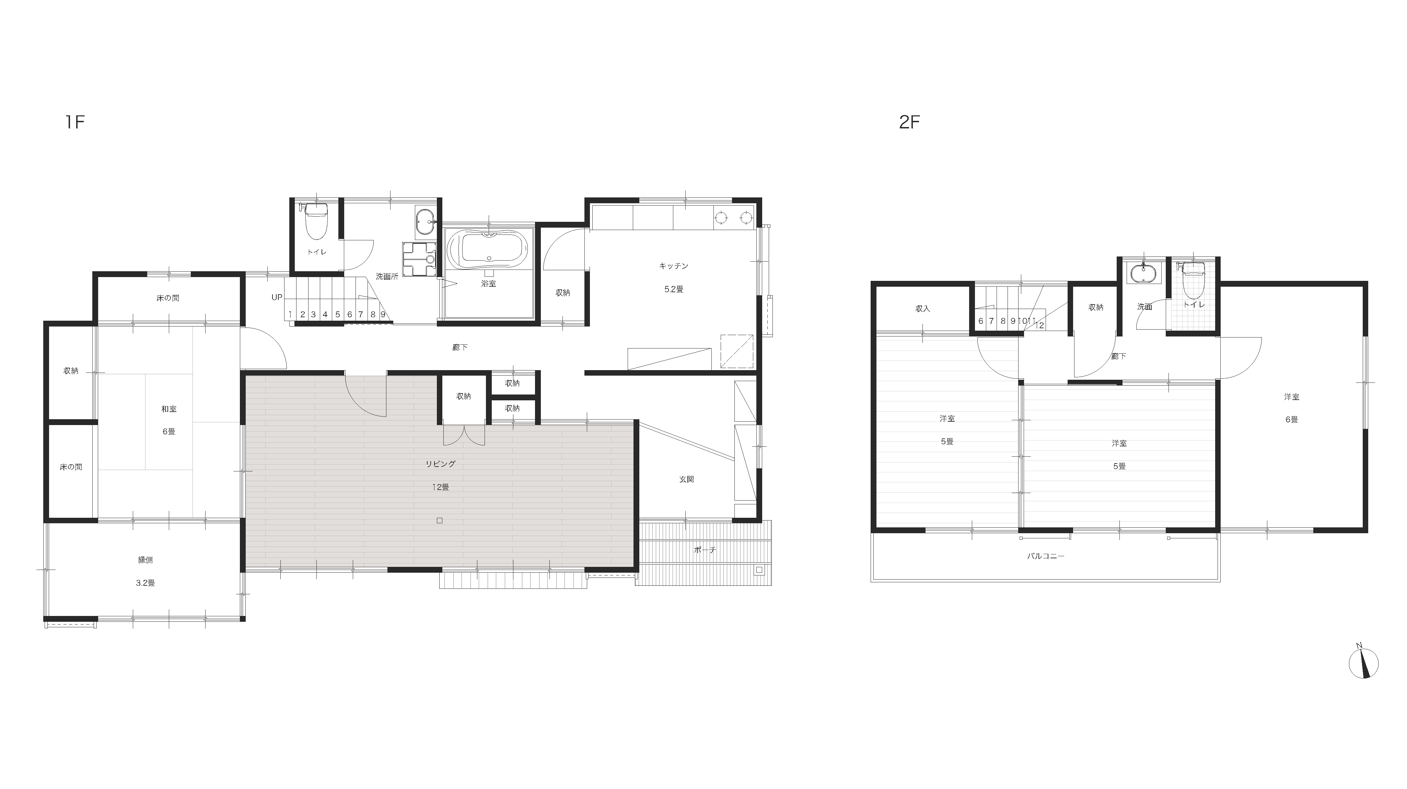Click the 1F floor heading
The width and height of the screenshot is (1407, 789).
75,122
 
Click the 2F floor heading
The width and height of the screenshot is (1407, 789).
909,122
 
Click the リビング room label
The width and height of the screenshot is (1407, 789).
440,464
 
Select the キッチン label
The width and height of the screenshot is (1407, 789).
673,266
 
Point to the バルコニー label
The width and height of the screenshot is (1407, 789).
1045,556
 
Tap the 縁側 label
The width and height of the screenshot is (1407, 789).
145,560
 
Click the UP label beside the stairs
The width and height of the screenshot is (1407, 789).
277,297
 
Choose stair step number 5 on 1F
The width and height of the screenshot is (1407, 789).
338,315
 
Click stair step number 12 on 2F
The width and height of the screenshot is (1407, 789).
1040,325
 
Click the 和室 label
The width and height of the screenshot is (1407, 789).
169,409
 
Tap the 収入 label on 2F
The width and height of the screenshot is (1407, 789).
922,309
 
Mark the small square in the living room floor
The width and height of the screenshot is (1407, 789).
440,521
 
